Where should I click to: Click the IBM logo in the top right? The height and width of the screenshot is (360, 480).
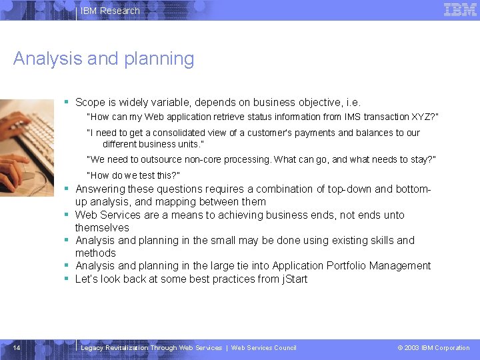[460, 9]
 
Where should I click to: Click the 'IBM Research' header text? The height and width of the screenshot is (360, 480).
[110, 11]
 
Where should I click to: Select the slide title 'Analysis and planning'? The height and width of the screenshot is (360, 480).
[103, 59]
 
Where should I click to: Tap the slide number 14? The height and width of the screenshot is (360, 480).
[17, 347]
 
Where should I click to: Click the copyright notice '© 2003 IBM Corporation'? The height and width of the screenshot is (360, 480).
[433, 347]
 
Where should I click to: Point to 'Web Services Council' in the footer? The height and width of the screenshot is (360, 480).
[263, 347]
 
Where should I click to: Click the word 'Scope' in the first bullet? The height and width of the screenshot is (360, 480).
[90, 103]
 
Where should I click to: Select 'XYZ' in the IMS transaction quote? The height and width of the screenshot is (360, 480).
[421, 117]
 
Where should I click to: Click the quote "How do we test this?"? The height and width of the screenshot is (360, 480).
[133, 175]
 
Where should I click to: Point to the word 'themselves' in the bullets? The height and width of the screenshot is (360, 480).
[102, 227]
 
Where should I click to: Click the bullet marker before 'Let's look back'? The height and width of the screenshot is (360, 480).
[67, 279]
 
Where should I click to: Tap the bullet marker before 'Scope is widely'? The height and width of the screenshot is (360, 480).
[67, 103]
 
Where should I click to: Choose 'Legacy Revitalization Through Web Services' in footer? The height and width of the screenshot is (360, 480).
[151, 347]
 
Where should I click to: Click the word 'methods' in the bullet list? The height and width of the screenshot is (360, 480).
[95, 253]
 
